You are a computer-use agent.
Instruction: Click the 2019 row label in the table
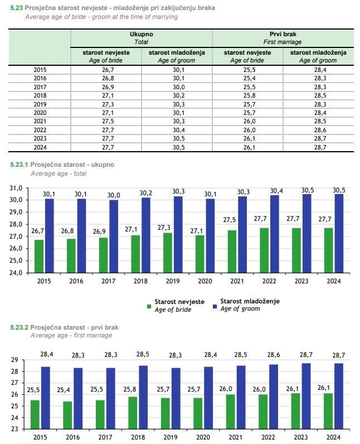click(40, 104)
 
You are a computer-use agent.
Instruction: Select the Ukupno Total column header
click(141, 38)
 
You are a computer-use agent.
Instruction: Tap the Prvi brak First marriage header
click(283, 38)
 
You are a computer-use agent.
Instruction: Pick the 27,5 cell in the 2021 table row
click(106, 121)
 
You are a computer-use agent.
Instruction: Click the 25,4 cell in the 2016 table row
click(247, 79)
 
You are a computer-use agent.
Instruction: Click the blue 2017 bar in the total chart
click(114, 237)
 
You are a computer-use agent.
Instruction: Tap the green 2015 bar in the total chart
click(39, 256)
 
